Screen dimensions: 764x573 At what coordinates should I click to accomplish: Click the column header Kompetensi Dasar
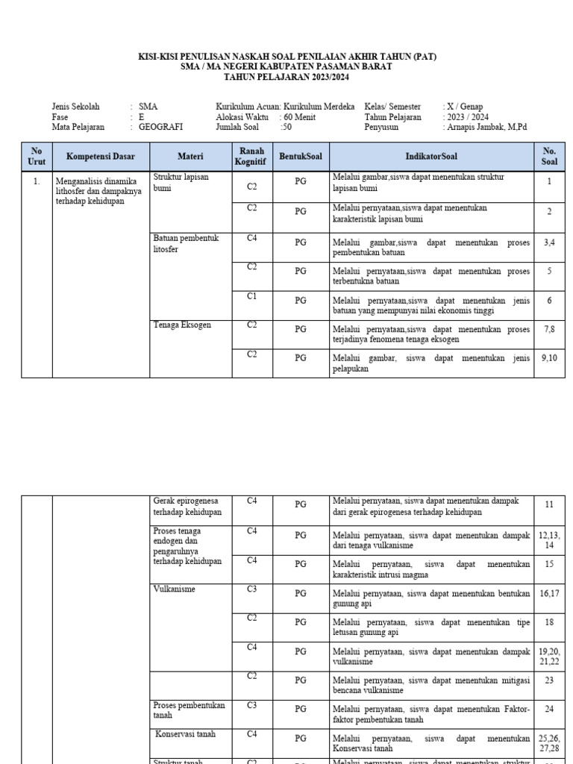[101, 157]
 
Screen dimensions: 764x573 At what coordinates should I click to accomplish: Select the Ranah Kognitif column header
[251, 157]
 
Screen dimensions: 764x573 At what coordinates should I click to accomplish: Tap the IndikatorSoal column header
[431, 157]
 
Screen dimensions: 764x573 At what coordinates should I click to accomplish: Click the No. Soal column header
[549, 157]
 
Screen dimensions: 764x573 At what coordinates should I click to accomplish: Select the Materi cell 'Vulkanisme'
[175, 589]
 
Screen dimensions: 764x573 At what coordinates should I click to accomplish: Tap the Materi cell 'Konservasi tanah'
[186, 734]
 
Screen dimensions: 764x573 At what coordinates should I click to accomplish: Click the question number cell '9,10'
[549, 359]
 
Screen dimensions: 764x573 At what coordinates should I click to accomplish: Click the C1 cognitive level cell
[252, 296]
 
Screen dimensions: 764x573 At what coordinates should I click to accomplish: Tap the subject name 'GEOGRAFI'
[160, 128]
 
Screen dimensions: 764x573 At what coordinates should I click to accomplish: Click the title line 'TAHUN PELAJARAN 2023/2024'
[286, 77]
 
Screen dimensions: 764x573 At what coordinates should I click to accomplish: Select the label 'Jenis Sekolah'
[75, 107]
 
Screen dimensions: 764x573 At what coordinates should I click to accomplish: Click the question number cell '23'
[549, 680]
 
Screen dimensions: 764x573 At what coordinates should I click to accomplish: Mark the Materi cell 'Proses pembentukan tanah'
[189, 710]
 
